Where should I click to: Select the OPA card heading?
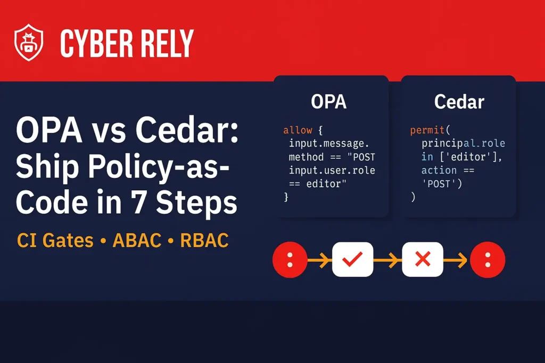(x=329, y=101)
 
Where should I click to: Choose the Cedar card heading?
(x=459, y=101)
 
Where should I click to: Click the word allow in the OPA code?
(x=298, y=130)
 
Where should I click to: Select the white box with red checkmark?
(x=352, y=259)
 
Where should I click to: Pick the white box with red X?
(x=423, y=259)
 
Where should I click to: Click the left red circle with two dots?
(x=290, y=259)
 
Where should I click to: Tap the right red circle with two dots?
(x=488, y=259)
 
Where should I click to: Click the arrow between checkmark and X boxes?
(x=387, y=259)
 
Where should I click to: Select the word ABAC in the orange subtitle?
(x=137, y=240)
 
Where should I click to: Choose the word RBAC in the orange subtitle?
(x=204, y=240)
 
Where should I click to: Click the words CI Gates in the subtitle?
(x=55, y=240)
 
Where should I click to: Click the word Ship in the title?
(x=43, y=168)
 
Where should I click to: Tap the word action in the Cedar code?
(x=439, y=170)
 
